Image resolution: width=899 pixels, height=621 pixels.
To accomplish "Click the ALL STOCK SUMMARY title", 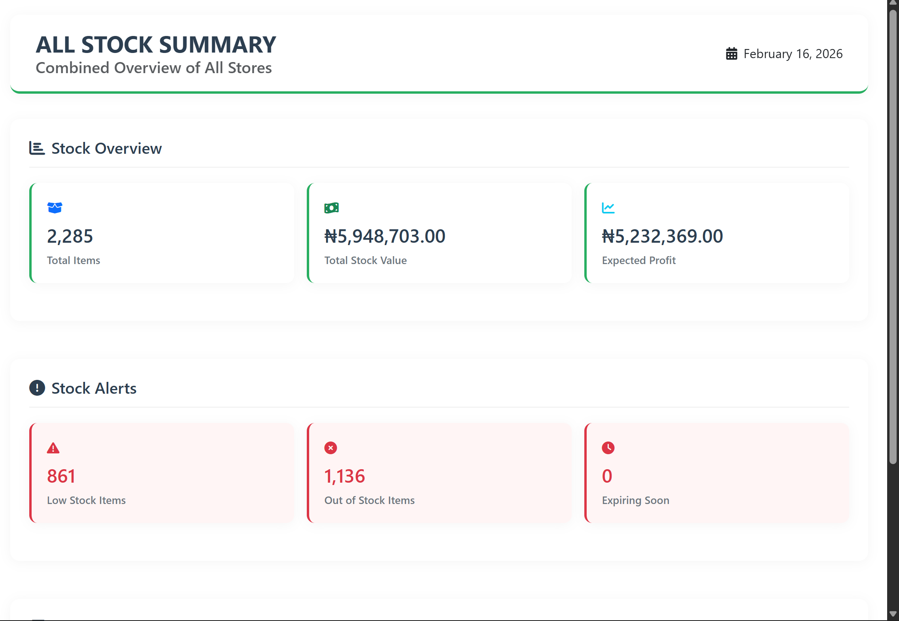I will pyautogui.click(x=156, y=45).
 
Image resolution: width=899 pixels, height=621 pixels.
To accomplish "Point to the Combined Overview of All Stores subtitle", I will pyautogui.click(x=153, y=68).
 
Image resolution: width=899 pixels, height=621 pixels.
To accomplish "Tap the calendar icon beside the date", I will pyautogui.click(x=731, y=54).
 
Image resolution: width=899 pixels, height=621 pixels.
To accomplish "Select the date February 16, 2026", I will pyautogui.click(x=793, y=54).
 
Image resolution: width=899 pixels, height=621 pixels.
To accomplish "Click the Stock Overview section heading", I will pyautogui.click(x=106, y=149).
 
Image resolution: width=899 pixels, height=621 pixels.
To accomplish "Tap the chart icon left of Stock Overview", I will pyautogui.click(x=37, y=148).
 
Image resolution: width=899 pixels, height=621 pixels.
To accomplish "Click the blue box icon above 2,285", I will pyautogui.click(x=55, y=208).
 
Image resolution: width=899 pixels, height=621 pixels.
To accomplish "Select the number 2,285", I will pyautogui.click(x=70, y=236).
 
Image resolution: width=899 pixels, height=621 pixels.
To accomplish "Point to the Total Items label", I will pyautogui.click(x=74, y=260).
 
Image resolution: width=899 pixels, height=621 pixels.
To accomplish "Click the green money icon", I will pyautogui.click(x=331, y=208).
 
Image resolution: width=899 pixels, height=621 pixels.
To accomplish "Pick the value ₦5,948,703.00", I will pyautogui.click(x=385, y=236).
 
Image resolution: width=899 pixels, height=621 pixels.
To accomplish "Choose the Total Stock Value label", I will pyautogui.click(x=365, y=260).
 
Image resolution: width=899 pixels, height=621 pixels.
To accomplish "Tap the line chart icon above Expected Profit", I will pyautogui.click(x=608, y=208).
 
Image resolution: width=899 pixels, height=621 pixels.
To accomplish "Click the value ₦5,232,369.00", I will pyautogui.click(x=662, y=236).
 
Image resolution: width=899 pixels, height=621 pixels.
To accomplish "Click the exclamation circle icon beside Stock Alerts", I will pyautogui.click(x=37, y=388).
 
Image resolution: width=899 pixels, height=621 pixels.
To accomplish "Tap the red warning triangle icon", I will pyautogui.click(x=53, y=448).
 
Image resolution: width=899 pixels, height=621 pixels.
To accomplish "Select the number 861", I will pyautogui.click(x=61, y=476).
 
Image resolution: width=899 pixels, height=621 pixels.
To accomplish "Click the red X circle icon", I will pyautogui.click(x=331, y=448).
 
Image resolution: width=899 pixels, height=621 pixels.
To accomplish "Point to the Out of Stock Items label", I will pyautogui.click(x=369, y=500).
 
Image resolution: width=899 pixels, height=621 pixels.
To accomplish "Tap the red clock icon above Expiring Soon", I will pyautogui.click(x=608, y=448).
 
